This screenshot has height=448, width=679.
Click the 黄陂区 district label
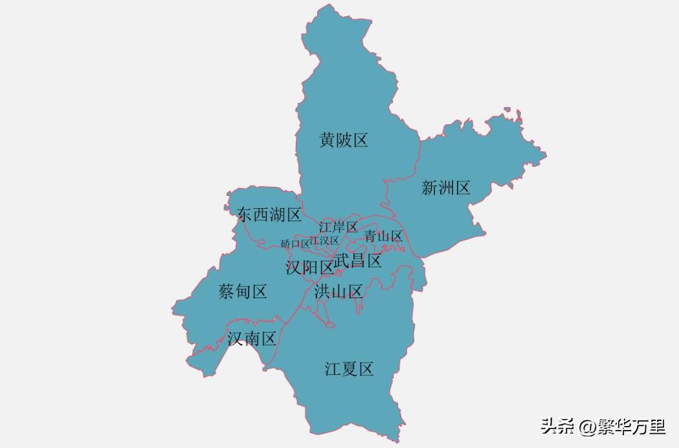click(343, 140)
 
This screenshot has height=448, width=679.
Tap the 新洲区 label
click(445, 188)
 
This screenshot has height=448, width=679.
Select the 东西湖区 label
click(269, 215)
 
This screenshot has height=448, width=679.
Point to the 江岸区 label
click(338, 227)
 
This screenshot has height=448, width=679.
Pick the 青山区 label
click(383, 236)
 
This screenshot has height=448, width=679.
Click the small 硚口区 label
click(295, 244)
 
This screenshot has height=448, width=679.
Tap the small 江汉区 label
click(324, 240)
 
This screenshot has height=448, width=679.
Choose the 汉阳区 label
click(309, 267)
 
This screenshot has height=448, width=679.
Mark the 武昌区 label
click(357, 261)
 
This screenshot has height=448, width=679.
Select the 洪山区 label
click(339, 292)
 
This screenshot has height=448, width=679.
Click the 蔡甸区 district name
click(243, 292)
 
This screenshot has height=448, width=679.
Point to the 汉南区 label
click(252, 339)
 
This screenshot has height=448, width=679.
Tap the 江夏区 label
click(349, 370)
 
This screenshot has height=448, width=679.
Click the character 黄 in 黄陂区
click(327, 140)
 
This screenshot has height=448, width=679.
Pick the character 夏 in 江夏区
click(350, 370)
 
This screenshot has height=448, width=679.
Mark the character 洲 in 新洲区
click(445, 188)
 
